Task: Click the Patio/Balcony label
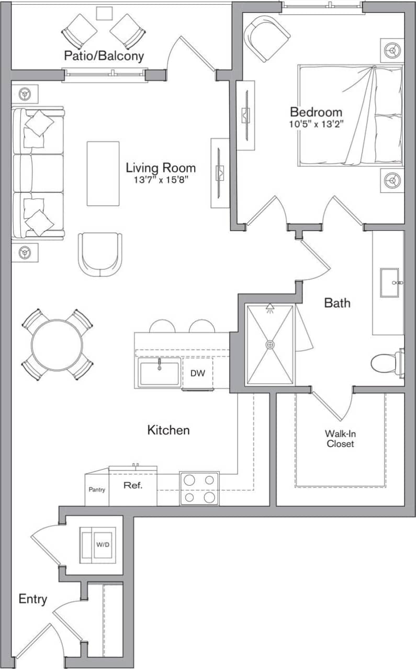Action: (104, 56)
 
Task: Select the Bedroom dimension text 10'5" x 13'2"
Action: (316, 124)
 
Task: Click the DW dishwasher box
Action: (197, 373)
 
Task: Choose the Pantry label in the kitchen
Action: (97, 490)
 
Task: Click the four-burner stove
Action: (199, 488)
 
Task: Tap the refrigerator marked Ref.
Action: (133, 485)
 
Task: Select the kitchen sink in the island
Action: (159, 373)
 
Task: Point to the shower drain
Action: (270, 344)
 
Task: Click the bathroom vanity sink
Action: (390, 282)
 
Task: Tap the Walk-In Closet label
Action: (340, 439)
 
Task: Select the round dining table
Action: (57, 344)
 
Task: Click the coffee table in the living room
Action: (103, 173)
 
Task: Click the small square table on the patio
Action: (104, 13)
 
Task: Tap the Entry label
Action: (33, 599)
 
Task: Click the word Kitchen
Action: (168, 430)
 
